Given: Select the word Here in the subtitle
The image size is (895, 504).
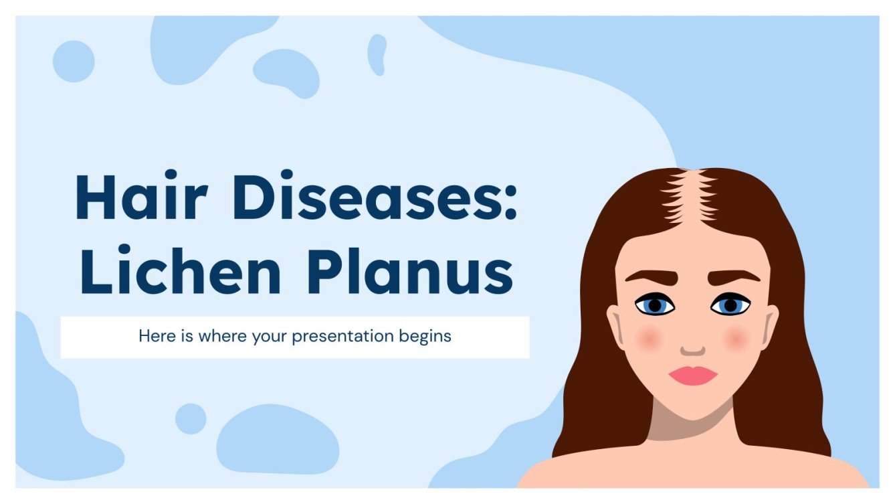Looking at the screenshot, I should click(154, 335).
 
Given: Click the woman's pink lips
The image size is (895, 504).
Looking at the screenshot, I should click(692, 375).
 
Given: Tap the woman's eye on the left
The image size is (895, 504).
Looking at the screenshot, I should click(655, 305).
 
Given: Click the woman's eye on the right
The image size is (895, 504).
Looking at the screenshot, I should click(730, 306).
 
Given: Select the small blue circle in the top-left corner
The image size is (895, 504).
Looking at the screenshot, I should click(74, 61).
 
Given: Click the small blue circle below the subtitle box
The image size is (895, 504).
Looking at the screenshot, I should click(191, 418).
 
